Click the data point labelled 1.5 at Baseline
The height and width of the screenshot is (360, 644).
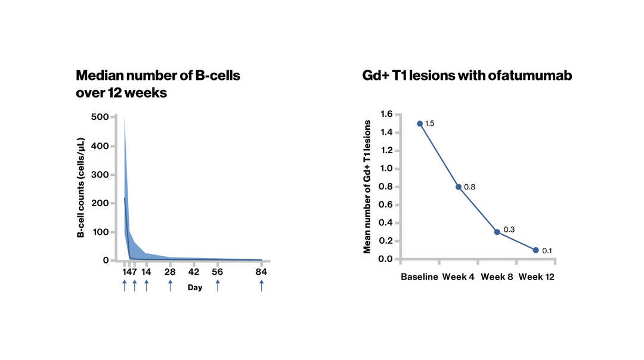click(x=420, y=123)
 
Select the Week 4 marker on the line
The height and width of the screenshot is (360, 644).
click(x=459, y=187)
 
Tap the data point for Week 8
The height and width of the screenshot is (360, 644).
click(x=497, y=232)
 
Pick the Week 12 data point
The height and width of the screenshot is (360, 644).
click(x=535, y=250)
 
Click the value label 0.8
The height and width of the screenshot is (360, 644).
click(x=469, y=187)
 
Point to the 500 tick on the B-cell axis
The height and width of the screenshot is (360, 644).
click(x=100, y=117)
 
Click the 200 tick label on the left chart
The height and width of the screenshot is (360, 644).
click(x=100, y=203)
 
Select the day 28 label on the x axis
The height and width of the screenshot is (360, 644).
click(x=170, y=272)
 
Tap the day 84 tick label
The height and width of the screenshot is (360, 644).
click(x=261, y=272)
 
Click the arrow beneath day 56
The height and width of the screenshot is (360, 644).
click(x=218, y=285)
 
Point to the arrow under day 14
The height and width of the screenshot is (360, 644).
click(x=146, y=285)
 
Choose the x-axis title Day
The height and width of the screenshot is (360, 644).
click(x=194, y=288)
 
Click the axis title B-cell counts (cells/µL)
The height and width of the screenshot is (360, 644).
click(x=80, y=188)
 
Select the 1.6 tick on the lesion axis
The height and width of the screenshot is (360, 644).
click(x=386, y=114)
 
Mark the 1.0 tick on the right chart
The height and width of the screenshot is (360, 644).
click(x=386, y=169)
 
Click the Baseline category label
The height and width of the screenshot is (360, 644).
click(x=419, y=277)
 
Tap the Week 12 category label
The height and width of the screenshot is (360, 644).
click(x=536, y=277)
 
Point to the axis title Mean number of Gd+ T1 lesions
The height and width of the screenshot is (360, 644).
click(x=367, y=187)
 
